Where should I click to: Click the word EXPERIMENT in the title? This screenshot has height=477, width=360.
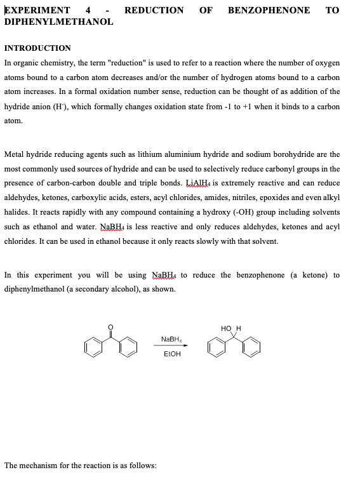[37, 10]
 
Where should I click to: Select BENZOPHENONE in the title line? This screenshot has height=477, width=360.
[269, 10]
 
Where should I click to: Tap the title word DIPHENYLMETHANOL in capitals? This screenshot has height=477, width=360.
[58, 22]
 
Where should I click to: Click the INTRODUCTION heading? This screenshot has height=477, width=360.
[37, 48]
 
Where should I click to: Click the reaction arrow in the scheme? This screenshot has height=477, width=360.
[171, 346]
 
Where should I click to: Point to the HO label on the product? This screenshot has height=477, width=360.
[225, 328]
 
